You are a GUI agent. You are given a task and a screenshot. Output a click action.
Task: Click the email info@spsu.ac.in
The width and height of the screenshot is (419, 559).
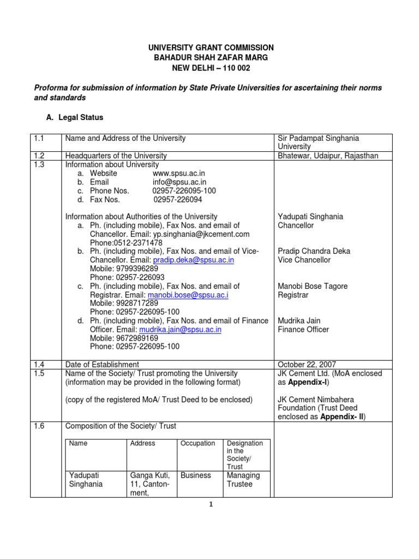point(179,182)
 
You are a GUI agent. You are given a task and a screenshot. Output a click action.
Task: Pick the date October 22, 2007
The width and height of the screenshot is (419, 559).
point(307,365)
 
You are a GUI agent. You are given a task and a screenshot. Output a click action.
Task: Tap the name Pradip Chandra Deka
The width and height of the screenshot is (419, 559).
point(314,251)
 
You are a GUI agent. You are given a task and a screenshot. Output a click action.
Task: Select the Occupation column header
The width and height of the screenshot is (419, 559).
point(197,443)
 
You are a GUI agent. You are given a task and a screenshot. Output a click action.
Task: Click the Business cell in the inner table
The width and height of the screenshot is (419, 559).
point(196,475)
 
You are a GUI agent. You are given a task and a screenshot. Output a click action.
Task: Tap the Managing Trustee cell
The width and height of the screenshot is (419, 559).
point(243,480)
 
